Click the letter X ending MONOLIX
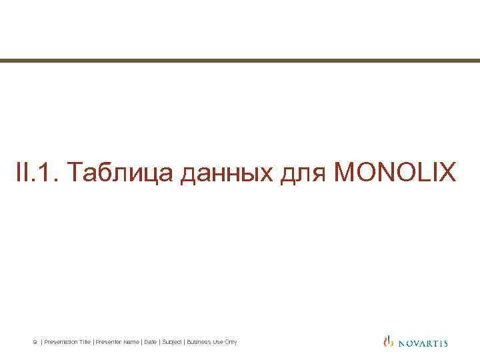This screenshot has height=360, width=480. [448, 172]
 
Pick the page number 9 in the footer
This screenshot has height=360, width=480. [35, 342]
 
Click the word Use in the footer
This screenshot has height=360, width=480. [217, 342]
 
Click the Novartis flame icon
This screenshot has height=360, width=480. [389, 342]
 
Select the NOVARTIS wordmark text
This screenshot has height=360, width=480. [422, 343]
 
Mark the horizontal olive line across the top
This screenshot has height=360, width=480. [240, 61]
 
